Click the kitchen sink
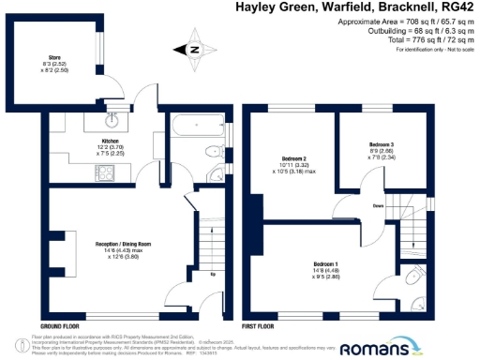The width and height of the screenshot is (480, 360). [112, 119]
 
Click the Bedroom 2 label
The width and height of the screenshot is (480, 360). [294, 161]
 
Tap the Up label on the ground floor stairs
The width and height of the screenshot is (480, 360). [212, 275]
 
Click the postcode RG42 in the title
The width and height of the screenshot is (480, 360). [457, 8]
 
